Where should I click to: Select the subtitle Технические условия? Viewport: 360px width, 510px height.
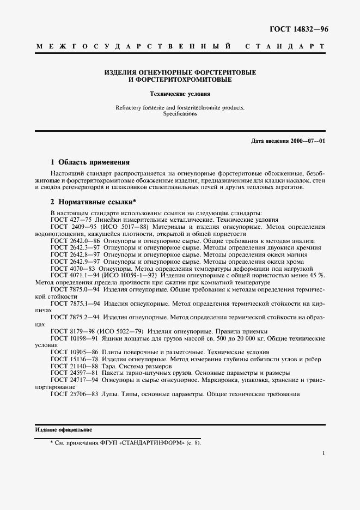[x=180, y=94]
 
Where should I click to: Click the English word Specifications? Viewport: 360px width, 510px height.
[x=180, y=114]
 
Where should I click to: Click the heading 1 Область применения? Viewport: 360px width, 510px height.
[x=89, y=162]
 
